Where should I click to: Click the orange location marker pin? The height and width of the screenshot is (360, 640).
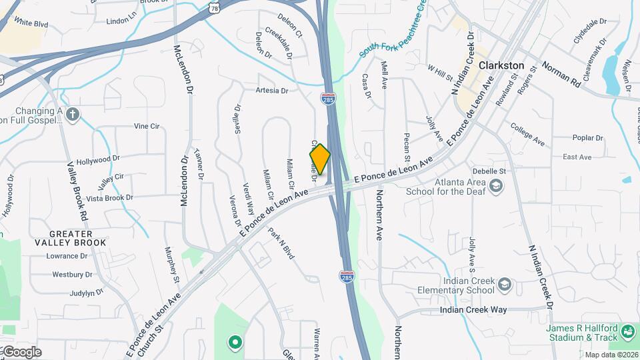coord(320,159)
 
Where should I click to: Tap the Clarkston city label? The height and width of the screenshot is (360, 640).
coord(501,66)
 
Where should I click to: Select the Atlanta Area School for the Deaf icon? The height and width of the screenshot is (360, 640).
coord(495,187)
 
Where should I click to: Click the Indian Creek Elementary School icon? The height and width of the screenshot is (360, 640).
coord(505,285)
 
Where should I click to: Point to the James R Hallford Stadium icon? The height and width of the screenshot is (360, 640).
coord(627,331)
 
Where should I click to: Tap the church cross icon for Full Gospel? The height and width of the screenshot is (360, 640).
coord(73,115)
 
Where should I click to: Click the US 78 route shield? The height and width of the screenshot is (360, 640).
coord(213,6)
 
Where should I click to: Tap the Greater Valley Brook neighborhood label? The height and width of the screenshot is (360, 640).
coord(71,238)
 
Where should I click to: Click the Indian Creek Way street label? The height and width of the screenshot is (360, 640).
coord(473,310)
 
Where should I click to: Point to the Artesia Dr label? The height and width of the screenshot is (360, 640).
coord(271,90)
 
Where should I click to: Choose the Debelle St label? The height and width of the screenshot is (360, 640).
coord(507,171)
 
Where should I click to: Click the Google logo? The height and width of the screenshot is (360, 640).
coord(22,351)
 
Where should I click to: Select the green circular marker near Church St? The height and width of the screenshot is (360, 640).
coord(234,343)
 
